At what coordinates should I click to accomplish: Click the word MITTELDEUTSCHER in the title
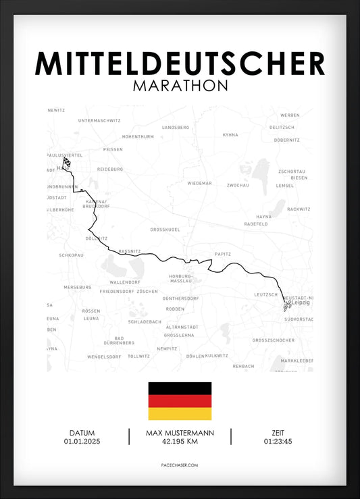(x=180, y=63)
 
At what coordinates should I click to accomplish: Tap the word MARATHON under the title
(x=180, y=86)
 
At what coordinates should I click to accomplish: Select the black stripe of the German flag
(x=180, y=388)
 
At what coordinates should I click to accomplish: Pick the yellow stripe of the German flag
(x=180, y=413)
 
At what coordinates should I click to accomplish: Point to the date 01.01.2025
(x=82, y=442)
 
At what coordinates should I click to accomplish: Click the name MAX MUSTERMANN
(x=180, y=433)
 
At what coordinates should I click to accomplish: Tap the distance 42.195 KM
(x=180, y=442)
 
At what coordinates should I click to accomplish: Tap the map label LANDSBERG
(x=176, y=127)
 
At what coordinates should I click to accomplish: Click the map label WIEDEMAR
(x=200, y=183)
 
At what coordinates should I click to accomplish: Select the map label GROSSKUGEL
(x=165, y=230)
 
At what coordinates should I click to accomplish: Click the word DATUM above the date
(x=82, y=433)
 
